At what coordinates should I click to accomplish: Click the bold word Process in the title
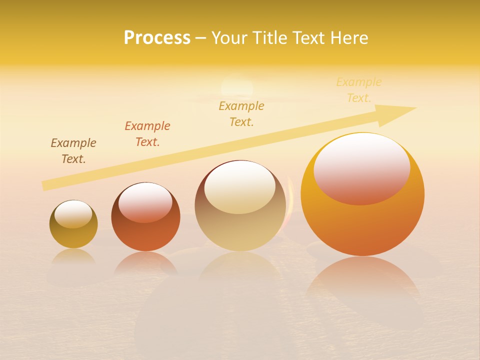pos(157,38)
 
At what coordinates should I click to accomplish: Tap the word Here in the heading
pos(348,38)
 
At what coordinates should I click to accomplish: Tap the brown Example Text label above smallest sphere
pos(73,151)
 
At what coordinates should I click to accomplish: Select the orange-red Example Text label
pos(147,134)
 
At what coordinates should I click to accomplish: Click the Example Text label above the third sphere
pos(241,114)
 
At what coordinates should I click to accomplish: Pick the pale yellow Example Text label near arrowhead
pos(359,90)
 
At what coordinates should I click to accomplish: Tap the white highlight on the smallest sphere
pos(73,214)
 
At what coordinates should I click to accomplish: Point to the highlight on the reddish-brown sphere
pos(145,202)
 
